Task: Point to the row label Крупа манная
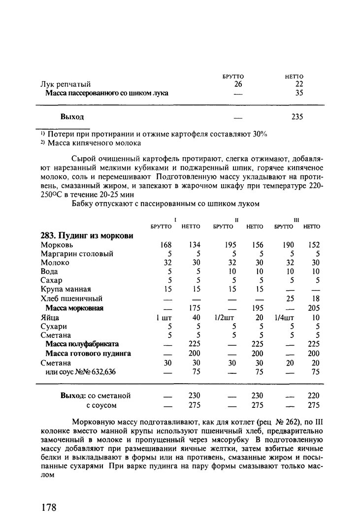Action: coord(65,289)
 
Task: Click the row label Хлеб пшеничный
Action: coord(71,299)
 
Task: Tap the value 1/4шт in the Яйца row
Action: coord(284,318)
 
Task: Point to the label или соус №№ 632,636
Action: coord(80,372)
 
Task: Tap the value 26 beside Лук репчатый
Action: coord(238,84)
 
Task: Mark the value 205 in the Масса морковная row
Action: coord(313,308)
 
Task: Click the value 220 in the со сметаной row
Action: coord(313,396)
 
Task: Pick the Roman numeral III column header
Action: coord(296,219)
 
